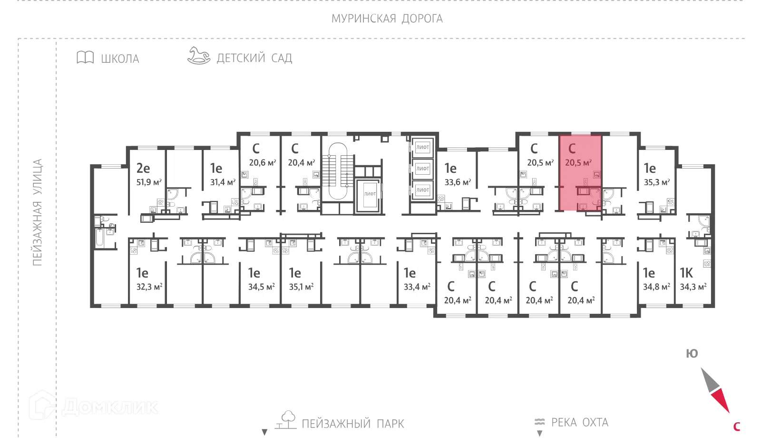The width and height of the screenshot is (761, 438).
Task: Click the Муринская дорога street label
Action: [387, 19]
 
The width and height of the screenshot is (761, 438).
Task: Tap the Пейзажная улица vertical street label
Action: [37, 212]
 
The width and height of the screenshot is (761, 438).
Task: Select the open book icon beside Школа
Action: [85, 58]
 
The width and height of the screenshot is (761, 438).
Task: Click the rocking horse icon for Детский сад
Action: [199, 56]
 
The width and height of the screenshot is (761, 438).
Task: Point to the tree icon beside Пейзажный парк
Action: [287, 419]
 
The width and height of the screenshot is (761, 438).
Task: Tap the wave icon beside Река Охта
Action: [539, 422]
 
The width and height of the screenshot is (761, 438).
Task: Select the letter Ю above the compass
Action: [692, 354]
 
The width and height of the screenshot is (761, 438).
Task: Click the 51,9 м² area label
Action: [149, 182]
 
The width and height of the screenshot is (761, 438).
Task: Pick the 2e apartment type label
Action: [143, 168]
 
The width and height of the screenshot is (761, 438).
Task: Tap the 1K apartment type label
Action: [686, 273]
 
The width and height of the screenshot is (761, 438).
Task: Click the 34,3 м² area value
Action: [693, 287]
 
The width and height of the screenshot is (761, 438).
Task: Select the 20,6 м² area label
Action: [262, 163]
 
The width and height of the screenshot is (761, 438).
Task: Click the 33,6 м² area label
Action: [458, 182]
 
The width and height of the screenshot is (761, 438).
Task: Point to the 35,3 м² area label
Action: [657, 182]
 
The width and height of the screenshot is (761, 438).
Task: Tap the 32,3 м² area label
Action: [149, 287]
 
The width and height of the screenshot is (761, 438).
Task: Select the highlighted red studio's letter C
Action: [572, 149]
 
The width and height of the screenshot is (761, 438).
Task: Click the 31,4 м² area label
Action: [223, 182]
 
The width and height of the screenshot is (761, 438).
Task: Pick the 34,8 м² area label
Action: [656, 287]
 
